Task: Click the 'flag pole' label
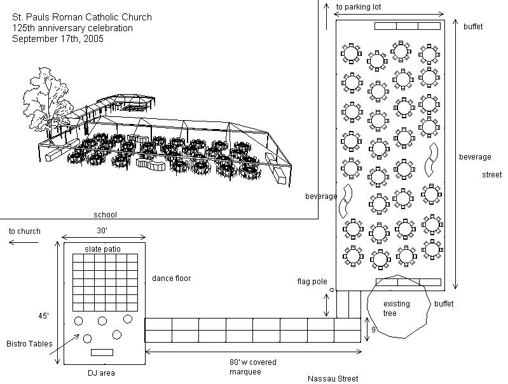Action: pyautogui.click(x=313, y=281)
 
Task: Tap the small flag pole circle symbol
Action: pyautogui.click(x=331, y=290)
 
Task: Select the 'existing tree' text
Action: pyautogui.click(x=396, y=308)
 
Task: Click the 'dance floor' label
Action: pyautogui.click(x=171, y=278)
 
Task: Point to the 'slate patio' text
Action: pyautogui.click(x=102, y=249)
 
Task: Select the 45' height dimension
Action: pyautogui.click(x=43, y=315)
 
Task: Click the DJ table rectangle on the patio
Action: pyautogui.click(x=102, y=352)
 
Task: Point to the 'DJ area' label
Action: pyautogui.click(x=101, y=373)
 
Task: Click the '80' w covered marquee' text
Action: pyautogui.click(x=252, y=367)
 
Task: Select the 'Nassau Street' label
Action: pyautogui.click(x=333, y=378)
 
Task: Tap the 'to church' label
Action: pyautogui.click(x=24, y=231)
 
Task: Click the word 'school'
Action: pyautogui.click(x=105, y=215)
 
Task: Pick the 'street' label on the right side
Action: pyautogui.click(x=491, y=174)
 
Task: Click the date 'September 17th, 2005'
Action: pyautogui.click(x=57, y=38)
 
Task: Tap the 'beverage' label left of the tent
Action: pyautogui.click(x=320, y=196)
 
